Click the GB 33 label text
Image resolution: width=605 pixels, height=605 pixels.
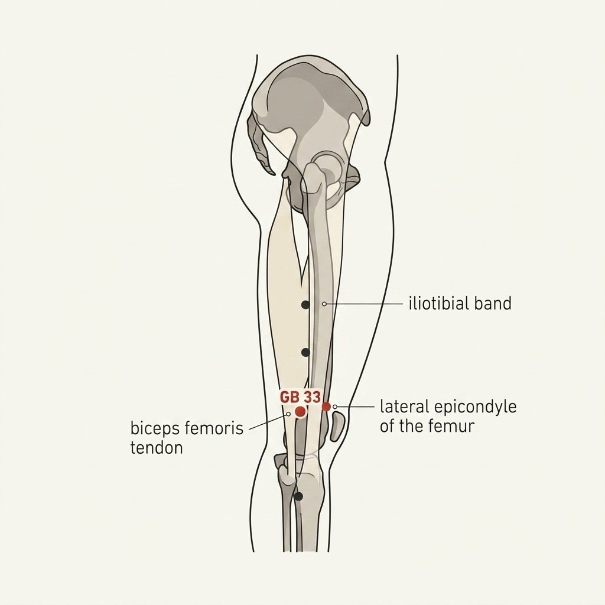[300, 397]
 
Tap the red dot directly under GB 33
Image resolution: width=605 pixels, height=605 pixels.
[300, 412]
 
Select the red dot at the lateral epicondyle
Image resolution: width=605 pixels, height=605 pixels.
[326, 406]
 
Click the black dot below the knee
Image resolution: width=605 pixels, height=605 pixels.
[298, 496]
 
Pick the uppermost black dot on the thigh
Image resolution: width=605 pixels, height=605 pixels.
[305, 305]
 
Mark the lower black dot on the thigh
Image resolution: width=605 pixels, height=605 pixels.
[305, 352]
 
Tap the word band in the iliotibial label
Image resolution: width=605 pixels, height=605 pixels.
[493, 303]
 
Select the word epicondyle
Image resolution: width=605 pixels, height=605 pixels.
[476, 408]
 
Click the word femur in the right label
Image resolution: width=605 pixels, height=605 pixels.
[457, 427]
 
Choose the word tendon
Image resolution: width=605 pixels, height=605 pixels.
[156, 448]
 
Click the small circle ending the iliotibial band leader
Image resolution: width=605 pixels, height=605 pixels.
[324, 304]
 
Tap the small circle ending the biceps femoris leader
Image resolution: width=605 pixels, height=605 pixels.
[288, 414]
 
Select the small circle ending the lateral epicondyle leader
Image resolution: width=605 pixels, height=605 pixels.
[335, 406]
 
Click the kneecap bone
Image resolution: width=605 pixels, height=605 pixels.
[337, 427]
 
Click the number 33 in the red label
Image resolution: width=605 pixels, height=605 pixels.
[312, 397]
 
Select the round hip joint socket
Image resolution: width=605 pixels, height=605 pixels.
[327, 167]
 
